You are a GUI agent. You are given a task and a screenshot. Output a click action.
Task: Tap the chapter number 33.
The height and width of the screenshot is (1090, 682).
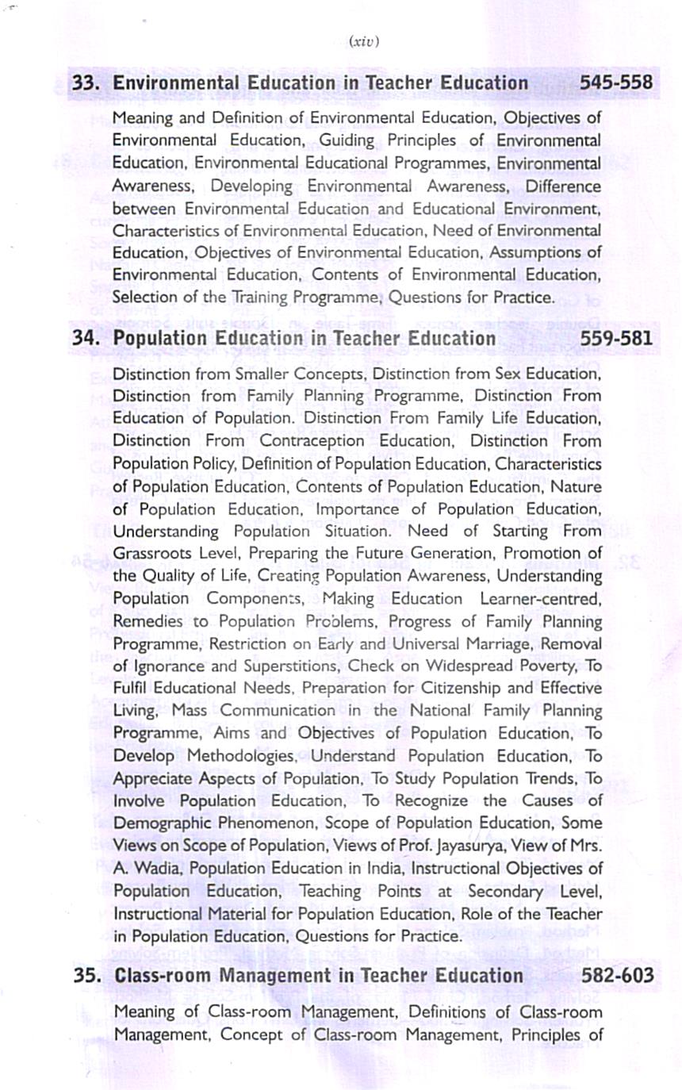coord(86,83)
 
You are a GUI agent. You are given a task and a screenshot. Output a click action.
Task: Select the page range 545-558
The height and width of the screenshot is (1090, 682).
coord(616,83)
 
